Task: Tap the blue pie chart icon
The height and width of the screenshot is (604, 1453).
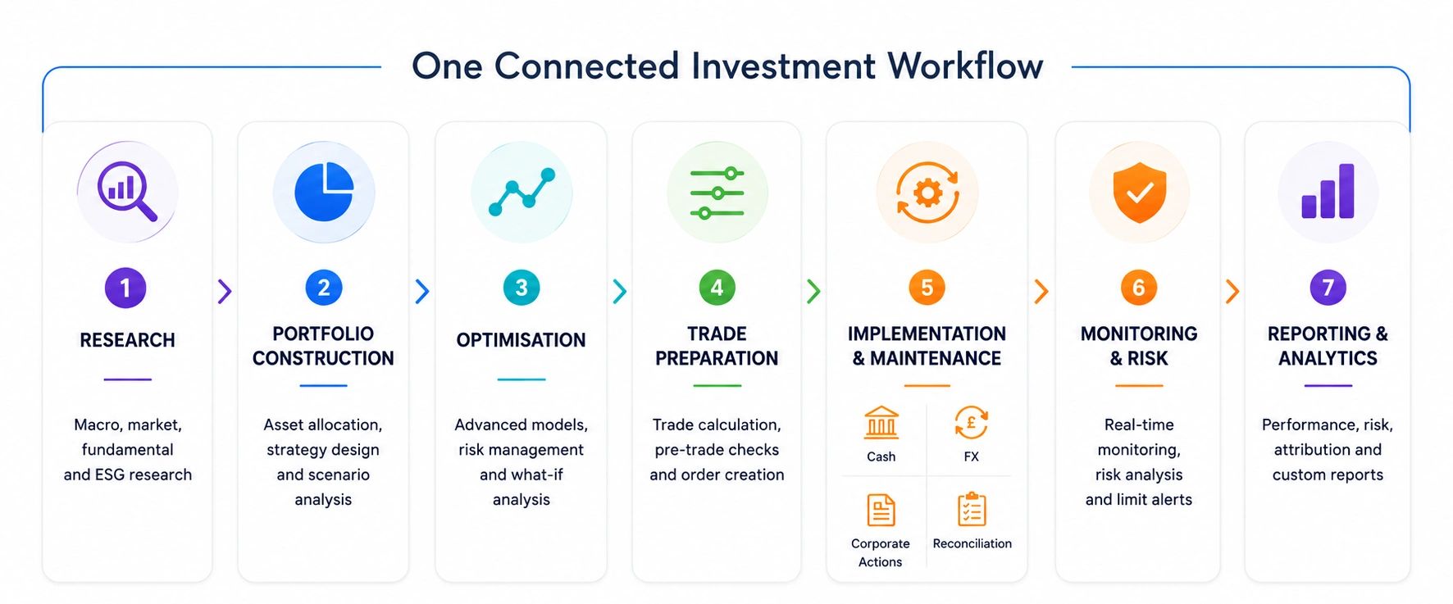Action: coord(324,192)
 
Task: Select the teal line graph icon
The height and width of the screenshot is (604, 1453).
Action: coord(522,192)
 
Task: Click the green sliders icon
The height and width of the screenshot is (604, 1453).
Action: coord(717,193)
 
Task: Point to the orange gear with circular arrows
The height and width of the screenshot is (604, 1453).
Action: coord(927,193)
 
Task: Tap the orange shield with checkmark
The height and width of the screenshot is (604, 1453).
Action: coord(1140,192)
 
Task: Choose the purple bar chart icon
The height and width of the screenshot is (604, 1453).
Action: coord(1328,192)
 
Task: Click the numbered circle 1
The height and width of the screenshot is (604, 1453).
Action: coord(125,288)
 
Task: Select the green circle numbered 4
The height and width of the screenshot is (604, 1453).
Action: coord(717,288)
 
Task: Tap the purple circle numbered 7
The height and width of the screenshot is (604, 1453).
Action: coord(1328,288)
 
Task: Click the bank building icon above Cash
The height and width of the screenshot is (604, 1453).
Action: coord(881,423)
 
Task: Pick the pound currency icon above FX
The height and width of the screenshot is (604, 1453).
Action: coord(972,423)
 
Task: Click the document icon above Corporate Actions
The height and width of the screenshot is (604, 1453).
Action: coord(881,510)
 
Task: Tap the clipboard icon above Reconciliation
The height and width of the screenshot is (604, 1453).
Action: coord(972,509)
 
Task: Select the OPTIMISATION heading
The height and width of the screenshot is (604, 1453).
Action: coord(522,340)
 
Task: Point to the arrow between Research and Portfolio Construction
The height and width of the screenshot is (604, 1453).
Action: coord(225,291)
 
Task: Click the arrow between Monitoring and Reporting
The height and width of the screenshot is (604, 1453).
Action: coord(1232,291)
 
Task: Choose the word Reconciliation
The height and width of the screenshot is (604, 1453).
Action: coord(972,543)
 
